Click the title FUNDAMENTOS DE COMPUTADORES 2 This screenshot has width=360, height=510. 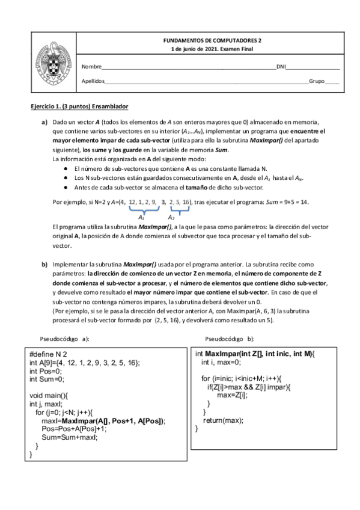217,40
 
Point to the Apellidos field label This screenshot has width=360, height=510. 93,81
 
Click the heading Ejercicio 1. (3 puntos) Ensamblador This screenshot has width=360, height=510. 79,106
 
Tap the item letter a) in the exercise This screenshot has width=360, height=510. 44,122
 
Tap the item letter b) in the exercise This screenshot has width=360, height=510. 44,264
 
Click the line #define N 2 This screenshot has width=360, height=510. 49,355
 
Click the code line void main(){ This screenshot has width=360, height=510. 50,395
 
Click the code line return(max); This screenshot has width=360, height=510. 219,420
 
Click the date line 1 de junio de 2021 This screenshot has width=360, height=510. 217,49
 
